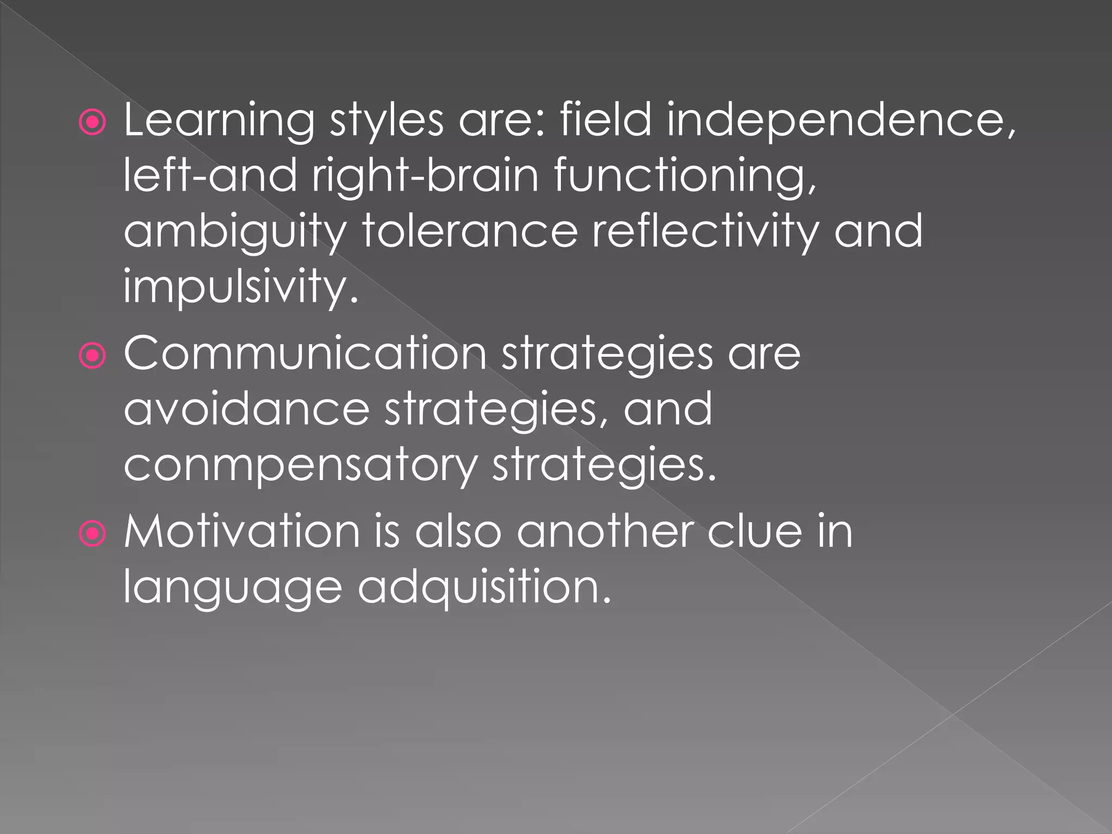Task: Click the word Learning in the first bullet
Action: (219, 121)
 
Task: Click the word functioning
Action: (685, 176)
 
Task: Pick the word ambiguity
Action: (235, 232)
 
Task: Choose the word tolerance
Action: (470, 231)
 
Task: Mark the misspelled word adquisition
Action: (484, 587)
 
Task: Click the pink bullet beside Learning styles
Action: (93, 123)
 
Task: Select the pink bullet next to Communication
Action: (93, 356)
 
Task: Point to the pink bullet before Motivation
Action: (93, 534)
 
